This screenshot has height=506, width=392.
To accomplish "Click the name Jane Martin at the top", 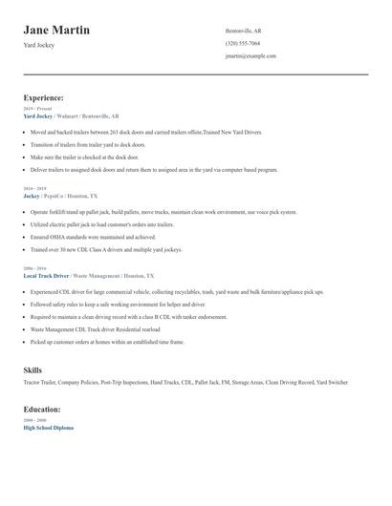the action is point(56,31).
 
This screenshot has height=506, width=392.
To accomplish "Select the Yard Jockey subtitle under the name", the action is point(39,45).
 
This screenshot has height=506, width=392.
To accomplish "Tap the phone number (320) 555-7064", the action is point(243,43).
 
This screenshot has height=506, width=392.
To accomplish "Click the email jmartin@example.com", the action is point(250,55).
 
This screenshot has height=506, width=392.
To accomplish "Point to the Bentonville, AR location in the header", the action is point(243,31).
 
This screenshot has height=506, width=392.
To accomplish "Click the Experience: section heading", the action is point(44,97).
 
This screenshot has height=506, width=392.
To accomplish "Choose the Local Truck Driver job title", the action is point(46,275).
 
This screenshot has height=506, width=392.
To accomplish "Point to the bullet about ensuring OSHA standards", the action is point(93,236).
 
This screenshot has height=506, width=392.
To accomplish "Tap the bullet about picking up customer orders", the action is point(107,341).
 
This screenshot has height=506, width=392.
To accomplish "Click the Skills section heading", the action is point(33,369).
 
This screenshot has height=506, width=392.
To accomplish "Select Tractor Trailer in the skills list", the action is point(42,382).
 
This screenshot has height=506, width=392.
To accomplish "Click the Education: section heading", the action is point(42,409).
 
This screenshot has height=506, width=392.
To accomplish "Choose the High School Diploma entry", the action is point(48,427).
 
